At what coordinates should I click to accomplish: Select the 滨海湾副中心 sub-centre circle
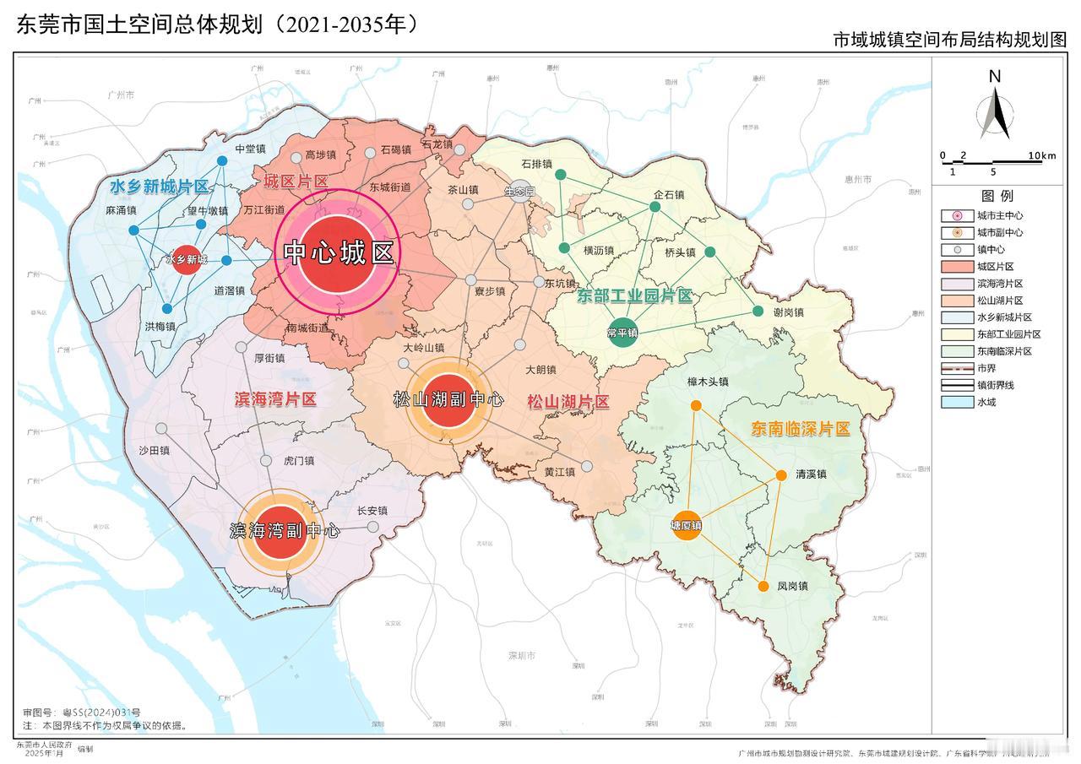[x=283, y=531]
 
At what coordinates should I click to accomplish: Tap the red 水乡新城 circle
[x=186, y=259]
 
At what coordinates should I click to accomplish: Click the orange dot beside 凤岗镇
[x=763, y=586]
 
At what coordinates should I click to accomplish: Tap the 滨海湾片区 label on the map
[x=274, y=399]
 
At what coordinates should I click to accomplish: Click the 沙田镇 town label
[x=155, y=451]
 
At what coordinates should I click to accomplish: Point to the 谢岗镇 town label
[x=788, y=312]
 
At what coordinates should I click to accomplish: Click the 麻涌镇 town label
[x=121, y=209]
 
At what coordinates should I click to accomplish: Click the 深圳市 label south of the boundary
[x=521, y=656]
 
